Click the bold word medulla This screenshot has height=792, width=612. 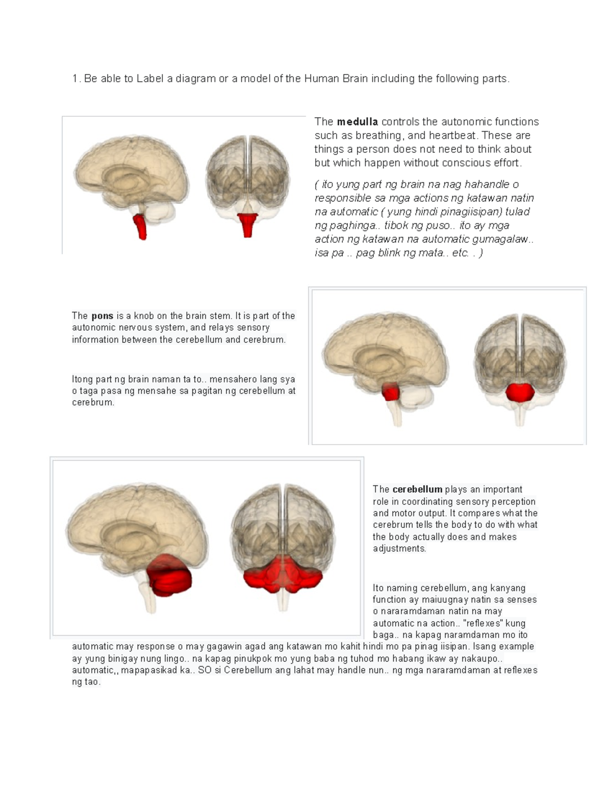click(357, 121)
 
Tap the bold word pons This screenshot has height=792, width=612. click(103, 316)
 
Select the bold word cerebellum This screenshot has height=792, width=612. click(417, 489)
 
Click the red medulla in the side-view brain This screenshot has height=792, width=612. click(140, 226)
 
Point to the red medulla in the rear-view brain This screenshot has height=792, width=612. click(247, 225)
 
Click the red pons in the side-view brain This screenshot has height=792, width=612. click(390, 392)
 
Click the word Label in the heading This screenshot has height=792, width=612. click(150, 79)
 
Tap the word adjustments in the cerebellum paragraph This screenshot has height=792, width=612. click(400, 548)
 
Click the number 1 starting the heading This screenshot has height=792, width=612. click(75, 79)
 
